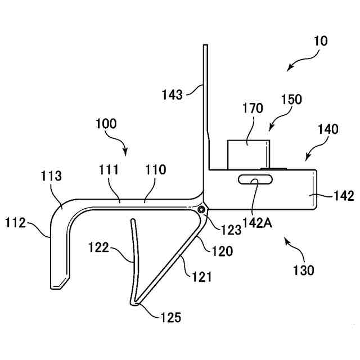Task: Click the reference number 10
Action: point(322,41)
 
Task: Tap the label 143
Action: point(172,94)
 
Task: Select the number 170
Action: point(253,108)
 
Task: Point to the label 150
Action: point(290,100)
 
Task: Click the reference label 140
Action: point(327,129)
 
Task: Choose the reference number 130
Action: point(304,271)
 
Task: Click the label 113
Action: point(52,177)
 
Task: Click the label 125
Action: point(170,318)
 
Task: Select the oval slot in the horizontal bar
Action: point(255,180)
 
